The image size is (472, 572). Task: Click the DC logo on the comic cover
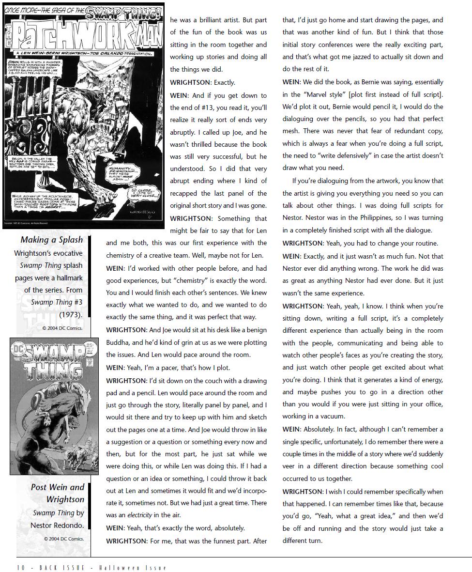tap(18, 347)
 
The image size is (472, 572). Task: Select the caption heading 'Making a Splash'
tap(51, 240)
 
